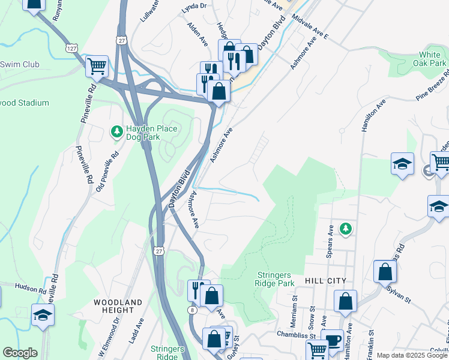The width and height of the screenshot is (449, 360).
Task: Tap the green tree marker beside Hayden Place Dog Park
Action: tap(116, 130)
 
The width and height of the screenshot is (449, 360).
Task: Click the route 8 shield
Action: tap(191, 310)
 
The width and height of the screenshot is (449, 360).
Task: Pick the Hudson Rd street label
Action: tap(31, 288)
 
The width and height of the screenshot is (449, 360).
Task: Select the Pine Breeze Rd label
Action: tap(432, 90)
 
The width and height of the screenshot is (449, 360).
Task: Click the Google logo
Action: tap(19, 353)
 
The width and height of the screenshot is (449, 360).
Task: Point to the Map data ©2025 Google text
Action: tap(412, 355)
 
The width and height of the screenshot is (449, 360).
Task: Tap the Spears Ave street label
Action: tap(330, 240)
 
